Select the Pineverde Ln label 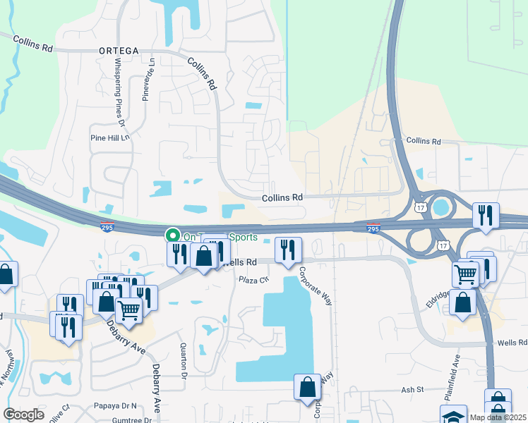pos(147,85)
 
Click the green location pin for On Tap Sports pos(171,235)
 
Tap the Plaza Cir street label pos(254,280)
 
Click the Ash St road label pos(412,388)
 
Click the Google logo pos(23,415)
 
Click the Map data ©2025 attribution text pos(498,417)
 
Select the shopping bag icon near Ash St pos(308,386)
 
